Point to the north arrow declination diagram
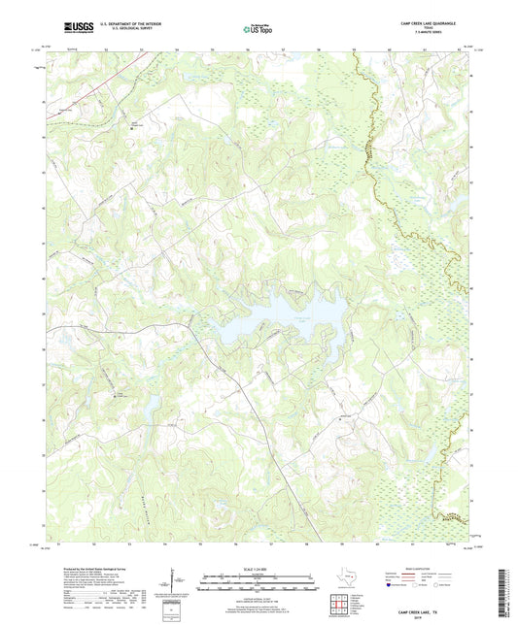point(171,584)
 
